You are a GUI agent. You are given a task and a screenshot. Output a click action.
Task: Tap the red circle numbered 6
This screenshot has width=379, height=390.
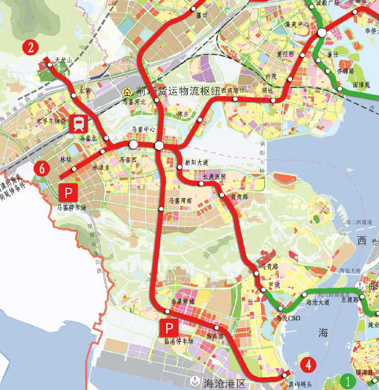pyautogui.click(x=40, y=169)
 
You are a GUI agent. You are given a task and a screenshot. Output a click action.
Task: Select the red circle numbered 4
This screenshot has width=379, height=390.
pyautogui.click(x=308, y=364)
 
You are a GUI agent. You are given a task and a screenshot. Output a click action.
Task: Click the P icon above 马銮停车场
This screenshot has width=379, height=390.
pyautogui.click(x=68, y=192)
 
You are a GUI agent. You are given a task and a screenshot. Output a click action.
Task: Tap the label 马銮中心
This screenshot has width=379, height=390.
pyautogui.click(x=143, y=130)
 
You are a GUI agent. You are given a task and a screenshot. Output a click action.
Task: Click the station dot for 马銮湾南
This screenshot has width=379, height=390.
pyautogui.click(x=161, y=209)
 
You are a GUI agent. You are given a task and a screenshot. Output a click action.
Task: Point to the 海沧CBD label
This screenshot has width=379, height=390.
pyautogui.click(x=287, y=318)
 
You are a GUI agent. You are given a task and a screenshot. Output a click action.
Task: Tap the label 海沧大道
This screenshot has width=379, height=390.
pyautogui.click(x=317, y=302)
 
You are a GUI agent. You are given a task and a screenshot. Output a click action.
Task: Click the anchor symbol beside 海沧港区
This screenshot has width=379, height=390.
pyautogui.click(x=194, y=381)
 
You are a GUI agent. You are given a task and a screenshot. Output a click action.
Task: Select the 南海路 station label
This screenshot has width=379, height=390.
pyautogui.click(x=215, y=335)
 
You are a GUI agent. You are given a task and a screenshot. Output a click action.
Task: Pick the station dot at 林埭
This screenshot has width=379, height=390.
pyautogui.click(x=75, y=169)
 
